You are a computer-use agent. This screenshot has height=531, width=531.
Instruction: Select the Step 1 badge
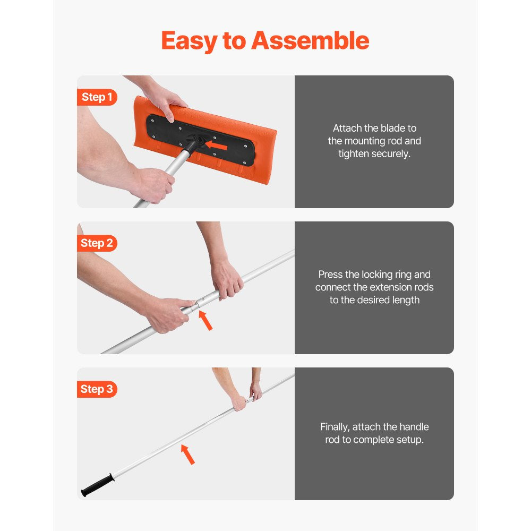tap(97, 97)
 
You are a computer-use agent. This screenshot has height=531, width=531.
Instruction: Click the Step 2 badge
tap(97, 243)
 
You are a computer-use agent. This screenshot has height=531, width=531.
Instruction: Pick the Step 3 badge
tap(97, 389)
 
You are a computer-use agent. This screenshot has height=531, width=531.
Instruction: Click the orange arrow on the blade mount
tap(216, 144)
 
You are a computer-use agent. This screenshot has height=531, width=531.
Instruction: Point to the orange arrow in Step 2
tap(205, 321)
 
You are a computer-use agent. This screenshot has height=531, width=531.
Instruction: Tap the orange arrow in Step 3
tap(187, 455)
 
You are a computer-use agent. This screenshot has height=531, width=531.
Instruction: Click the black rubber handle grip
tap(97, 484)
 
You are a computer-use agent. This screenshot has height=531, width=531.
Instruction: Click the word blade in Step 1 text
tap(392, 128)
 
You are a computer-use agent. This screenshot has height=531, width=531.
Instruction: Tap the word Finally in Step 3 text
tap(338, 427)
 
